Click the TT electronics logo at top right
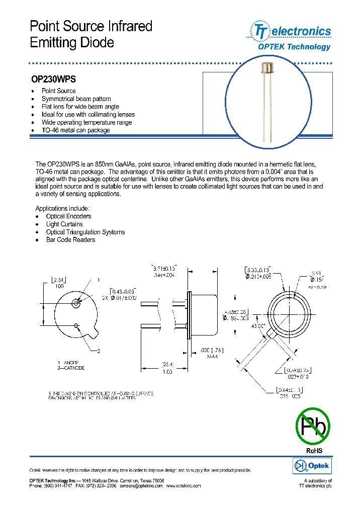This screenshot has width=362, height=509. pos(289,31)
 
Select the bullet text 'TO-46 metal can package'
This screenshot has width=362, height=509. pos(75,130)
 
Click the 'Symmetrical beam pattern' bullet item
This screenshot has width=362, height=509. pos(76,99)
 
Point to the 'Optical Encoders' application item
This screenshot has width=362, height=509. pos(68,216)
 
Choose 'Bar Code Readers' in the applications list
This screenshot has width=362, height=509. pos(70,240)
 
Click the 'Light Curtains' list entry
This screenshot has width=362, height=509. pos(64,224)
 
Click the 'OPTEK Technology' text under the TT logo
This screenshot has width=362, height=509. pos(294,47)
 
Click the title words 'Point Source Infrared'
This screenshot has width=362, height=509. pos(91,26)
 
